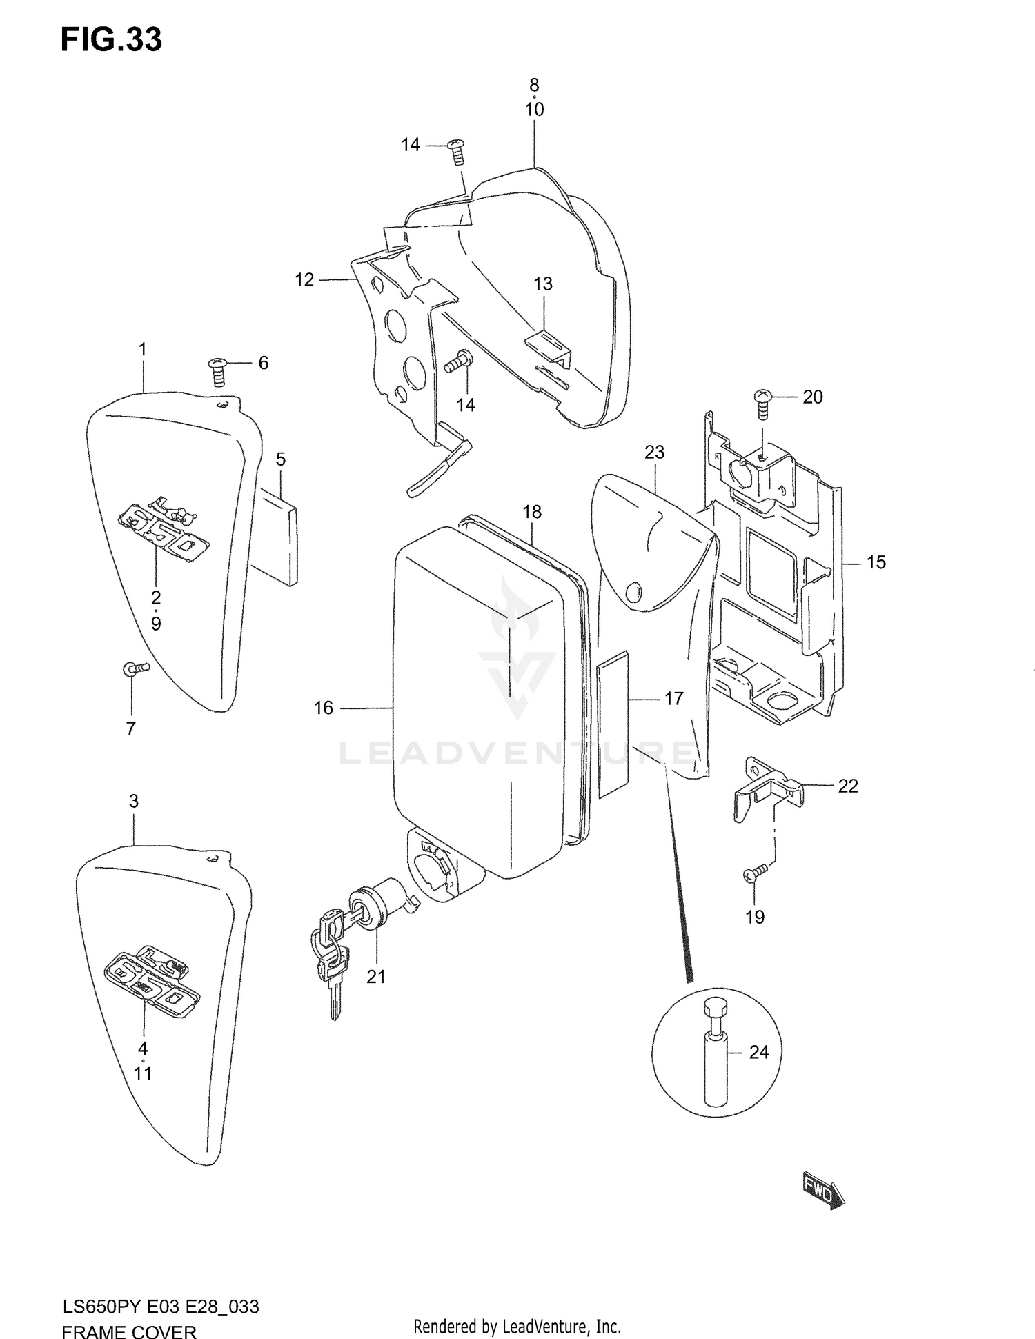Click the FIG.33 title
111,40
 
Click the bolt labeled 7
136,668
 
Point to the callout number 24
758,1052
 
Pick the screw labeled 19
755,873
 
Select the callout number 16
323,708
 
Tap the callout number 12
304,279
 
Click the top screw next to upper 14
456,151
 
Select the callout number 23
654,452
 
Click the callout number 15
876,562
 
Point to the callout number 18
532,512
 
